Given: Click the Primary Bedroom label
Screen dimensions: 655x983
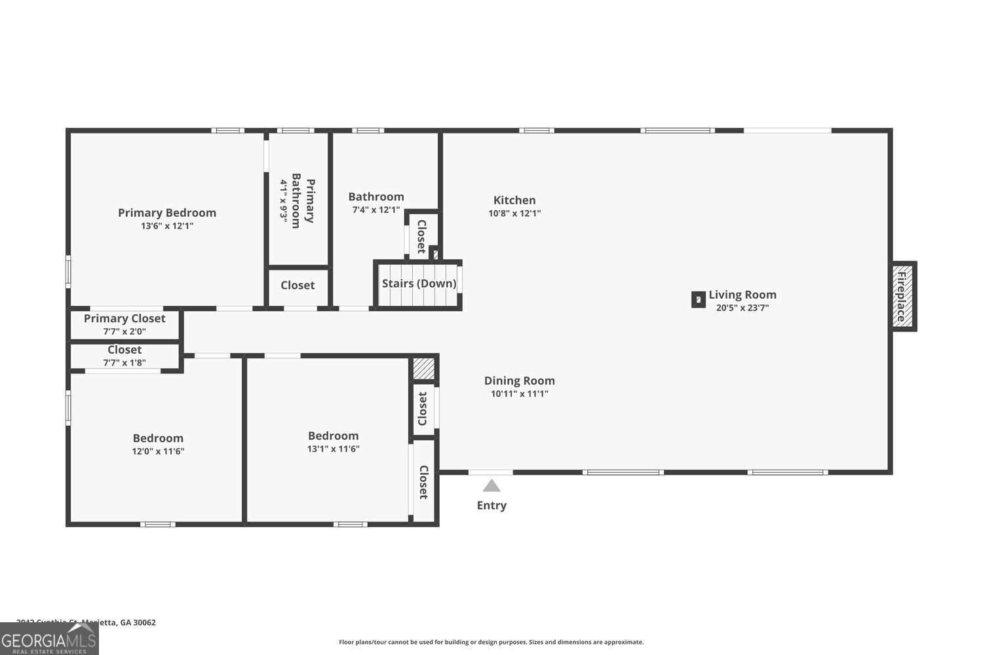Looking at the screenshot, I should pos(166,213).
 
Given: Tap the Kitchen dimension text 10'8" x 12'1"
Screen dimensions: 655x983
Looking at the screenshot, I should pos(514,214).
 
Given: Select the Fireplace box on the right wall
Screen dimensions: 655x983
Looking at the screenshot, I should pos(902,296).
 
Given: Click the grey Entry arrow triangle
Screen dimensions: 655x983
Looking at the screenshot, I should pos(491,486).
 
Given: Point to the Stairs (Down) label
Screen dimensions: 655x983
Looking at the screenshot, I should pos(419,284).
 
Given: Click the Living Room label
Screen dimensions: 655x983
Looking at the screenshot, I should pos(742,295).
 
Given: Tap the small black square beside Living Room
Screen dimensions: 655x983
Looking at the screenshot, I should pos(699,300).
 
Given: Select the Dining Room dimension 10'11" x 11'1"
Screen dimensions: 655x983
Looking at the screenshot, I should pos(519,394).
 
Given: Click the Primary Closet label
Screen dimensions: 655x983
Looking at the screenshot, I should pos(125,318).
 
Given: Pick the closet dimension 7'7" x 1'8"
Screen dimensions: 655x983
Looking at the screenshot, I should pos(125,363).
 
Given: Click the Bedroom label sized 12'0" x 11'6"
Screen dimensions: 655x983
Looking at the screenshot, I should pos(158,438).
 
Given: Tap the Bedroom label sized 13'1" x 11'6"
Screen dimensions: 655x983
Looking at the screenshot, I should pos(333,436).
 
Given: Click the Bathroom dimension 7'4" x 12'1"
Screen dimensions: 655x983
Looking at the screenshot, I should pos(376,210).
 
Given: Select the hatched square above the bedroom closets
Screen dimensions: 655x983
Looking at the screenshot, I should pos(423,368).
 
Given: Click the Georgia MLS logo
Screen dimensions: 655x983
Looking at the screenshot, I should pos(49,639).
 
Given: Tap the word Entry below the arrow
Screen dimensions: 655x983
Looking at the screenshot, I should pos(491,506).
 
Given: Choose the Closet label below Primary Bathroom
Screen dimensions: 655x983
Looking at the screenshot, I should pos(298,286).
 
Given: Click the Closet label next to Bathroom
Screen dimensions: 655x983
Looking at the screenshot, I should pos(421,236).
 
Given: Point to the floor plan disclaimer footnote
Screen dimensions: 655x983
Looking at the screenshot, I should pos(491,643).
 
